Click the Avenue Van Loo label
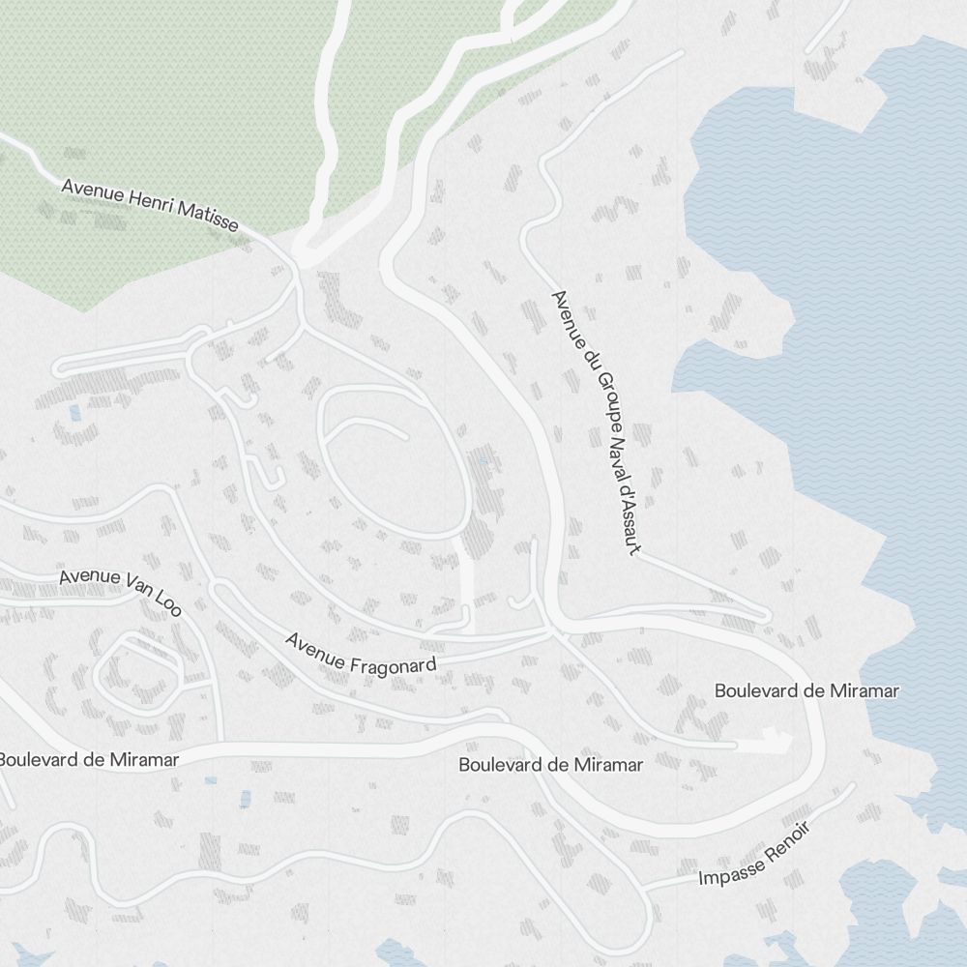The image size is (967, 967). pyautogui.click(x=120, y=590)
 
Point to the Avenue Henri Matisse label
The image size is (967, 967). pyautogui.click(x=150, y=203)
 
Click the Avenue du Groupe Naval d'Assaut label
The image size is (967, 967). pyautogui.click(x=595, y=423)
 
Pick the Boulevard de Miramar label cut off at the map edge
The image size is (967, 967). pyautogui.click(x=89, y=759)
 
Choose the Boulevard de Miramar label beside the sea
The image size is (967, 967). pyautogui.click(x=806, y=690)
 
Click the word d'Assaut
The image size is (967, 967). pyautogui.click(x=627, y=519)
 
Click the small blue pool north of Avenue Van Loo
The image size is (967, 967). pyautogui.click(x=74, y=413)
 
